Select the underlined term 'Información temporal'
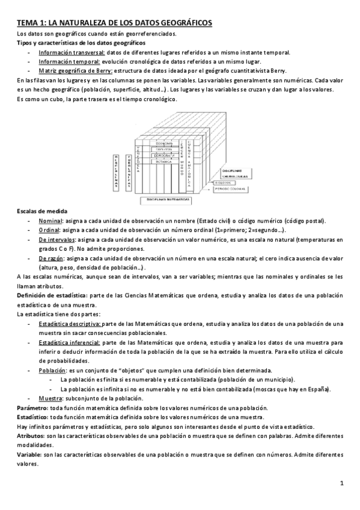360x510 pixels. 64,61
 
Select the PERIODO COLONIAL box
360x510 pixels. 231,189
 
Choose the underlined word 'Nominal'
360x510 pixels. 51,221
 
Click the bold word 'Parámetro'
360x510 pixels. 32,407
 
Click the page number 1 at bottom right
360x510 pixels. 341,483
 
